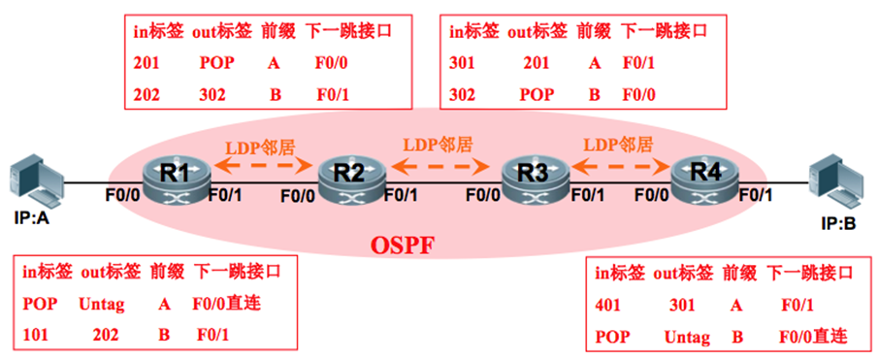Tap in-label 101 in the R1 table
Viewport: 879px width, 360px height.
[x=36, y=334]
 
